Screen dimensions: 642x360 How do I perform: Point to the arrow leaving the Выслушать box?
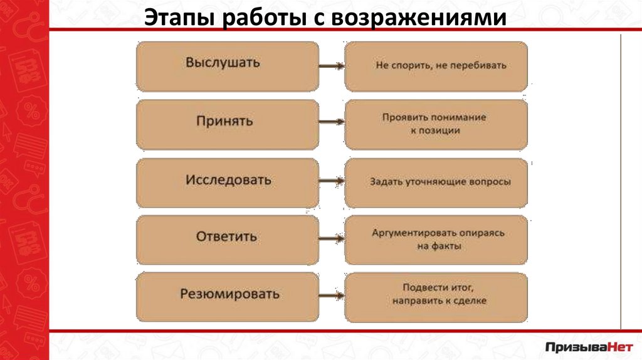point(331,66)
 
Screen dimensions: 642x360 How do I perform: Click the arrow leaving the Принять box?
point(331,124)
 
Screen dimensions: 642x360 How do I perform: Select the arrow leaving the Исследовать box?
point(331,181)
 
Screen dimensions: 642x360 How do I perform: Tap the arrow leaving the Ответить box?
point(331,239)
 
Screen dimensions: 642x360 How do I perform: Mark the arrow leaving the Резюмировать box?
point(331,297)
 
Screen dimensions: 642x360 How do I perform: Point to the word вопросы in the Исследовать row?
point(488,183)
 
